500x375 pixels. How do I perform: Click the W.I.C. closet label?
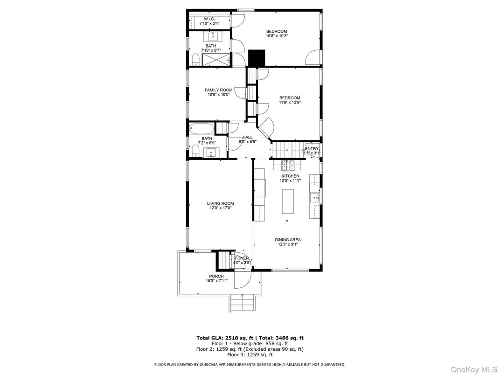click(208, 19)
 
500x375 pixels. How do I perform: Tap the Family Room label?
click(218, 90)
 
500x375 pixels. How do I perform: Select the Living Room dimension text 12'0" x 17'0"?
click(221, 208)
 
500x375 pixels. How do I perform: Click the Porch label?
click(216, 277)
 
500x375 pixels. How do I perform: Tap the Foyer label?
click(242, 258)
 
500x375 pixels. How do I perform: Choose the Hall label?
click(248, 137)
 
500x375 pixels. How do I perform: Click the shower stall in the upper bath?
click(216, 59)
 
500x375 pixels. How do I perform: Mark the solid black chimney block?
click(256, 58)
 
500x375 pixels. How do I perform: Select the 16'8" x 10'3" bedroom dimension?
click(277, 36)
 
